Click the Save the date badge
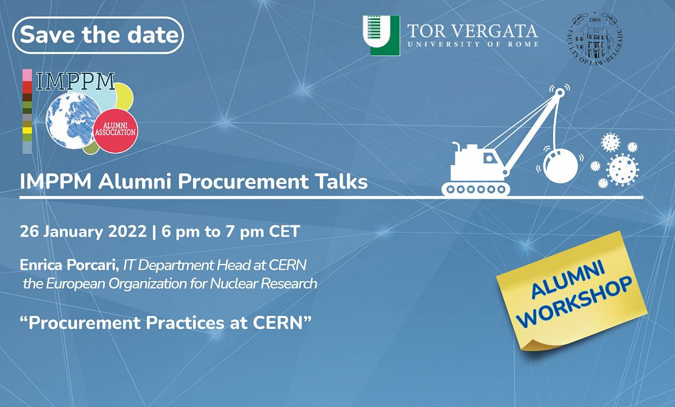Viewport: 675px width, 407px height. pyautogui.click(x=98, y=35)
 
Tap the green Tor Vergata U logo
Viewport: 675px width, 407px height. pyautogui.click(x=381, y=35)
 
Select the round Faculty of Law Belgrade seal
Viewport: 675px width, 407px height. pyautogui.click(x=595, y=38)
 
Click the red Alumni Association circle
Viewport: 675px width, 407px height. pyautogui.click(x=115, y=130)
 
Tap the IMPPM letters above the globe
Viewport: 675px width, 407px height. pyautogui.click(x=76, y=81)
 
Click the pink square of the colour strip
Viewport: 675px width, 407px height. pyautogui.click(x=27, y=75)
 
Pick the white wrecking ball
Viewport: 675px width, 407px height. pyautogui.click(x=561, y=165)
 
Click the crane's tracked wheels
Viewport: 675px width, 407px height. pyautogui.click(x=475, y=189)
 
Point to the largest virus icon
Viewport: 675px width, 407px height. pyautogui.click(x=622, y=170)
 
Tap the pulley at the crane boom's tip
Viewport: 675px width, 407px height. pyautogui.click(x=559, y=92)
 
